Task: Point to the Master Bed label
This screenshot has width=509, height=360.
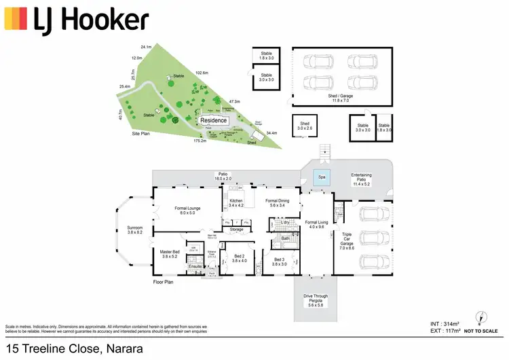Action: tap(170, 254)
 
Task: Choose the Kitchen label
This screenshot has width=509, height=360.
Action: tap(236, 202)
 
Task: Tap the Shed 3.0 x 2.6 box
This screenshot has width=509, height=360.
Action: tap(305, 125)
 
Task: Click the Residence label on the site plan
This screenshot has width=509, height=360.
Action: tap(214, 120)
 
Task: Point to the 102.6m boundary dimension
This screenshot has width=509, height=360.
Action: tap(201, 72)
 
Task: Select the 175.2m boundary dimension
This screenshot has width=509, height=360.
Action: tap(200, 141)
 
